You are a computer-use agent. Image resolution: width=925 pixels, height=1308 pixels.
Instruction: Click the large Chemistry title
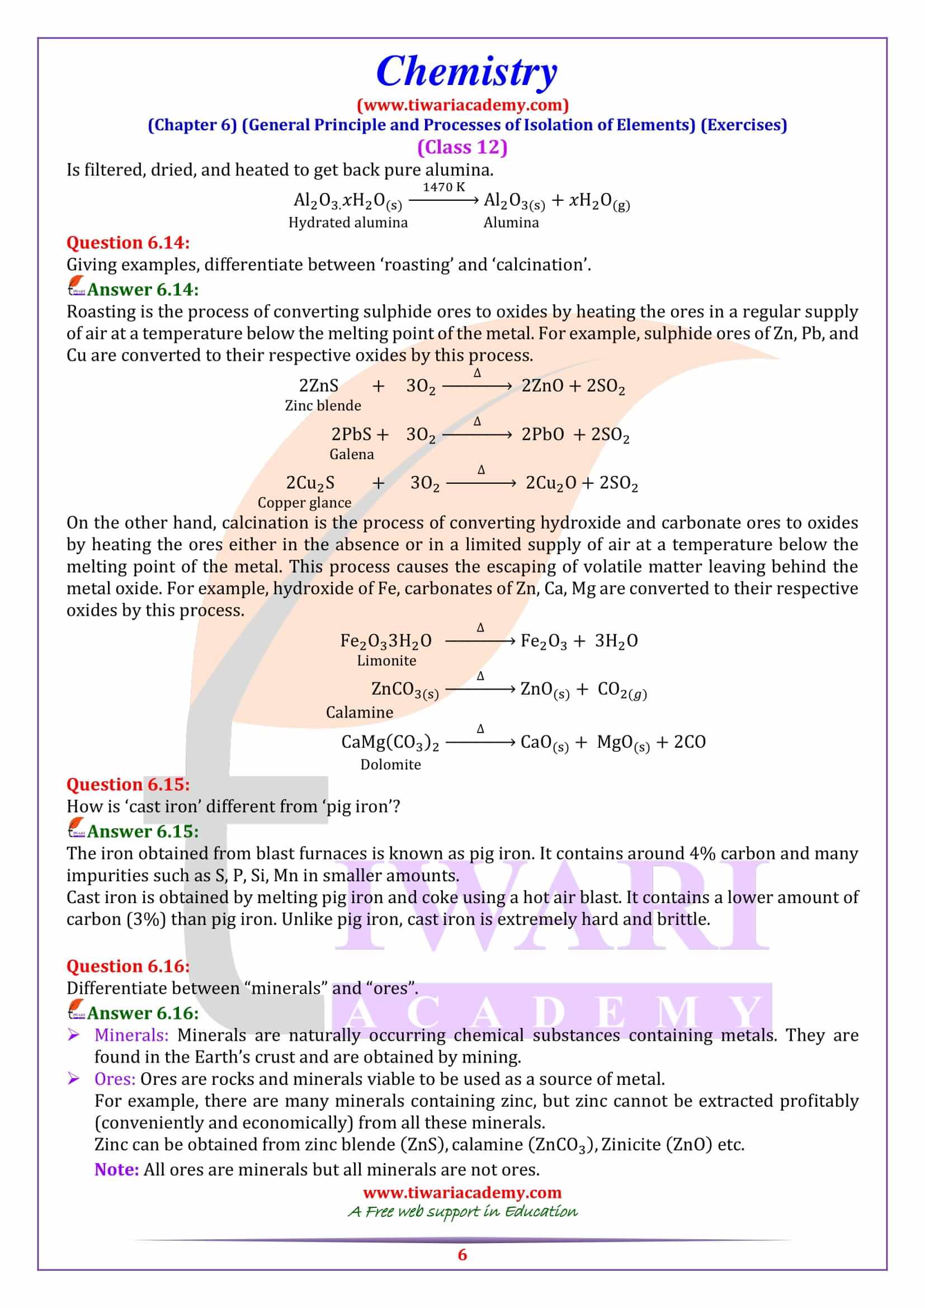click(466, 72)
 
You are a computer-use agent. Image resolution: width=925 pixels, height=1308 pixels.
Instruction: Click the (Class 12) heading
click(462, 147)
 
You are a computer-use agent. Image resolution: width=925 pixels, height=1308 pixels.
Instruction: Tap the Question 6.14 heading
click(128, 243)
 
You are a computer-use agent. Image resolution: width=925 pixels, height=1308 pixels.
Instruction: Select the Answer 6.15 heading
click(143, 831)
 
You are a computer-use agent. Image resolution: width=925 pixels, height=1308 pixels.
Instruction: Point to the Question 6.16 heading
click(128, 966)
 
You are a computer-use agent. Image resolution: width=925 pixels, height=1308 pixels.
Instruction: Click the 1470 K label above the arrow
click(443, 187)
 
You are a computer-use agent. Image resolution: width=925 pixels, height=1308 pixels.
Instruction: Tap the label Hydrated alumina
click(348, 222)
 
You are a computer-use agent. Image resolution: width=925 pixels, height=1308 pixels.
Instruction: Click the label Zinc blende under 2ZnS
click(323, 405)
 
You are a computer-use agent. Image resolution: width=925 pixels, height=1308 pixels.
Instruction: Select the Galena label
click(351, 454)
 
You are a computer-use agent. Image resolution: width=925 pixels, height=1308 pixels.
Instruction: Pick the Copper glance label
click(304, 503)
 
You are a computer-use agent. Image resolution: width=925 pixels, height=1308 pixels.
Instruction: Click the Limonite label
click(386, 660)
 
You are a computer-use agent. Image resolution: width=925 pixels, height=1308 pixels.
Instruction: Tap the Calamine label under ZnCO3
click(360, 712)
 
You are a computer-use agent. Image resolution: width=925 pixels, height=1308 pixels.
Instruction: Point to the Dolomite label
click(390, 764)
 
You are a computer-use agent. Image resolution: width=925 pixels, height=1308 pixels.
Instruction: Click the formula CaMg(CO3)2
click(390, 742)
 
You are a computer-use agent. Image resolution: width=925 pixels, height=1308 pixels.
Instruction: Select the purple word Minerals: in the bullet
click(131, 1035)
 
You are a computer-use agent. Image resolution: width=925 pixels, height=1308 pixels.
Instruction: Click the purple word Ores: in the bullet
click(115, 1079)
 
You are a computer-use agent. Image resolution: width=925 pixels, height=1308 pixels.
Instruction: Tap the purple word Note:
click(117, 1169)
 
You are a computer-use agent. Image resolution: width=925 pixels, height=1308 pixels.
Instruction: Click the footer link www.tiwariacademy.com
click(462, 1192)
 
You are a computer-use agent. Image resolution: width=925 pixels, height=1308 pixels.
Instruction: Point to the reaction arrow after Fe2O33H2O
click(480, 641)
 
